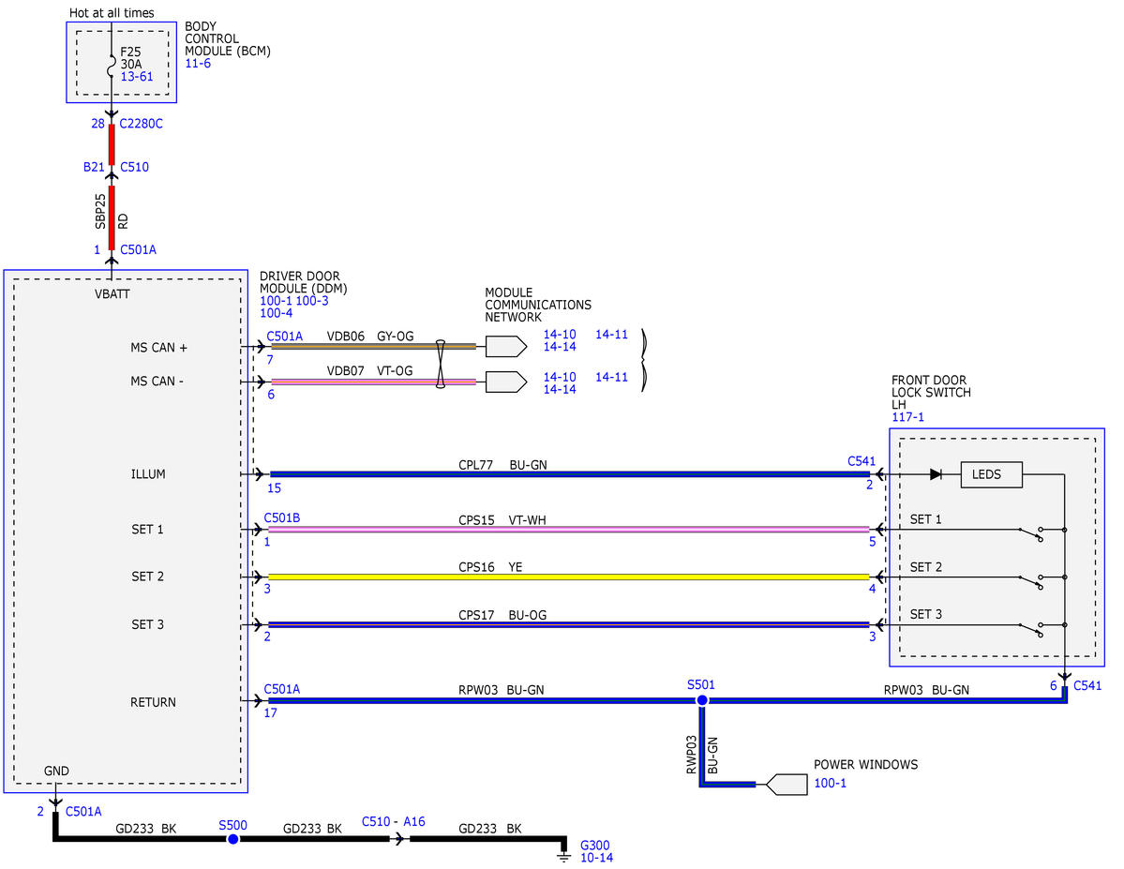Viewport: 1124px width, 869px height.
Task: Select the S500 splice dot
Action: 233,839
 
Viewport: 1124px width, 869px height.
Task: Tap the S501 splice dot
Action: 702,699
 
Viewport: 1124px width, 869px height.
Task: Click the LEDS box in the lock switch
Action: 992,474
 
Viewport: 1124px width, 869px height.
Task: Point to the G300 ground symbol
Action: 564,855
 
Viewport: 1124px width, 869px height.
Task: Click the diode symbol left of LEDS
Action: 936,474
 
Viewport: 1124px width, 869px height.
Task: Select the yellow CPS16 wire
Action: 568,577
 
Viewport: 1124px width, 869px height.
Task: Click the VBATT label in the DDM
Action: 112,294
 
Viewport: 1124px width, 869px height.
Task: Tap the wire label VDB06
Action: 346,337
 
